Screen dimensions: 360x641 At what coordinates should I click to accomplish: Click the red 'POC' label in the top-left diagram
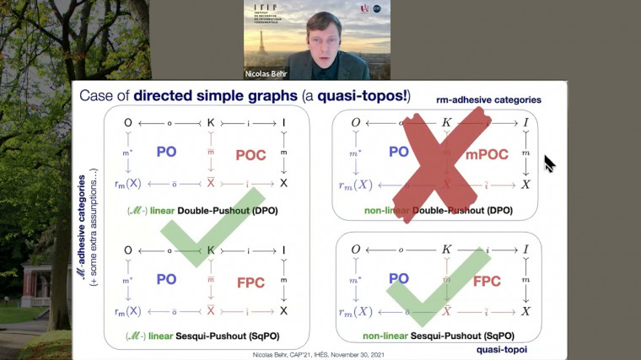pyautogui.click(x=250, y=153)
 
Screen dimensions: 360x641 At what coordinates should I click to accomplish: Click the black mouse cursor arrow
pyautogui.click(x=550, y=163)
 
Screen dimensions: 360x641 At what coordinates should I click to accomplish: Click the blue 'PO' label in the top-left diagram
pyautogui.click(x=165, y=153)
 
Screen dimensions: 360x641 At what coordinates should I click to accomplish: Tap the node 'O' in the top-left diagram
pyautogui.click(x=127, y=122)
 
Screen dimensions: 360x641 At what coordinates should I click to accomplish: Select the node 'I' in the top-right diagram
pyautogui.click(x=525, y=123)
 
